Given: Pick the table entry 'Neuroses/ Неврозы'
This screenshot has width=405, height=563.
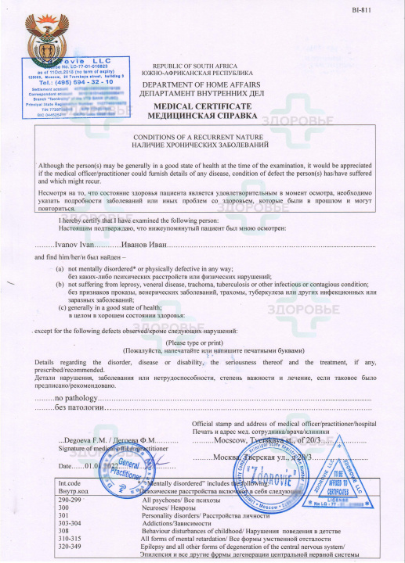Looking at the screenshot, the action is (168, 507).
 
